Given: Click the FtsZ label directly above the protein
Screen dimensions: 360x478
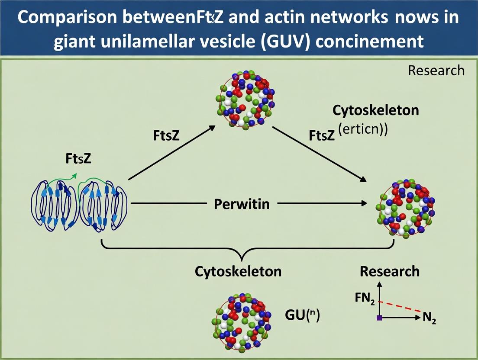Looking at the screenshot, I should pos(78,159).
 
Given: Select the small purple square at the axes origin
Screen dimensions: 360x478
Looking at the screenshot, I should pos(379,318).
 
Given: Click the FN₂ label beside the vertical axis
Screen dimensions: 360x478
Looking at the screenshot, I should pos(365,298).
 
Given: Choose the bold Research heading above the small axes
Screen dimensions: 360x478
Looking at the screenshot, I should pos(389,271).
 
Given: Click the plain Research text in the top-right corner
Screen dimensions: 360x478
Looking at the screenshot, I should pos(436,71).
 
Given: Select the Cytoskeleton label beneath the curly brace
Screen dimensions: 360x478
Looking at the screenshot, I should pos(238,271).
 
